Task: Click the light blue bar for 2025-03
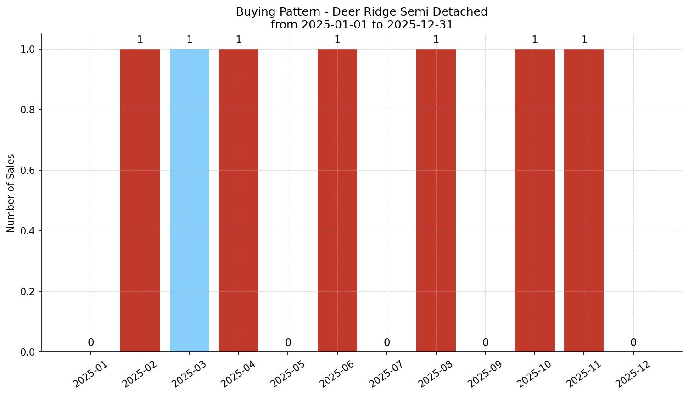point(189,200)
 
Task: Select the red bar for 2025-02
point(140,200)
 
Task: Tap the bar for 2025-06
point(337,200)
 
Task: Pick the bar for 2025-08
point(436,200)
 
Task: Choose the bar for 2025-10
point(535,200)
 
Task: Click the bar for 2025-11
point(584,200)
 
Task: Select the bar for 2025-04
point(239,200)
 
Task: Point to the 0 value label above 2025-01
point(91,342)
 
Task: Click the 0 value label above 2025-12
point(633,342)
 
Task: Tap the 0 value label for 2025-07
point(387,342)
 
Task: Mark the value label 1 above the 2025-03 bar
point(190,40)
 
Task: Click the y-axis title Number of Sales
point(11,193)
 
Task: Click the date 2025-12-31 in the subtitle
point(420,25)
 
